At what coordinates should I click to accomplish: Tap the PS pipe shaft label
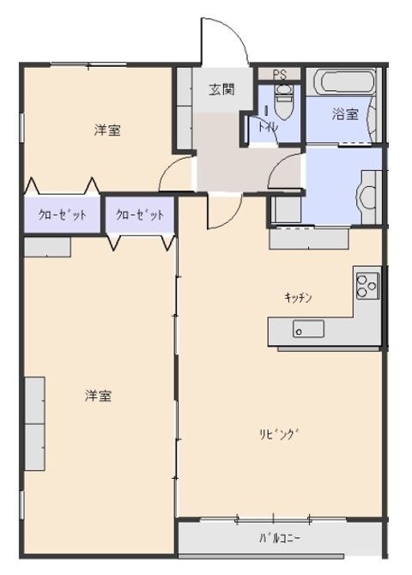pos(280,75)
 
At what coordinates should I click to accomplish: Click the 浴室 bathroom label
pos(345,113)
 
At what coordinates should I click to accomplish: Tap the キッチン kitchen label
pos(298,298)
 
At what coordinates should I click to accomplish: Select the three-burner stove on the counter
pos(367,284)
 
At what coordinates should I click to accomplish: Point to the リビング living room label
pos(282,434)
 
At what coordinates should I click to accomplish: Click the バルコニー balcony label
pos(282,539)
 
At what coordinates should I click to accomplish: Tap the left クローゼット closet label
pos(62,215)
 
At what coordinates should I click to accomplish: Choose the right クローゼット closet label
pos(139,215)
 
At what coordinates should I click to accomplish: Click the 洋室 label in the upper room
pos(107,130)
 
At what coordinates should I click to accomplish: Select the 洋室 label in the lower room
pos(98,396)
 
